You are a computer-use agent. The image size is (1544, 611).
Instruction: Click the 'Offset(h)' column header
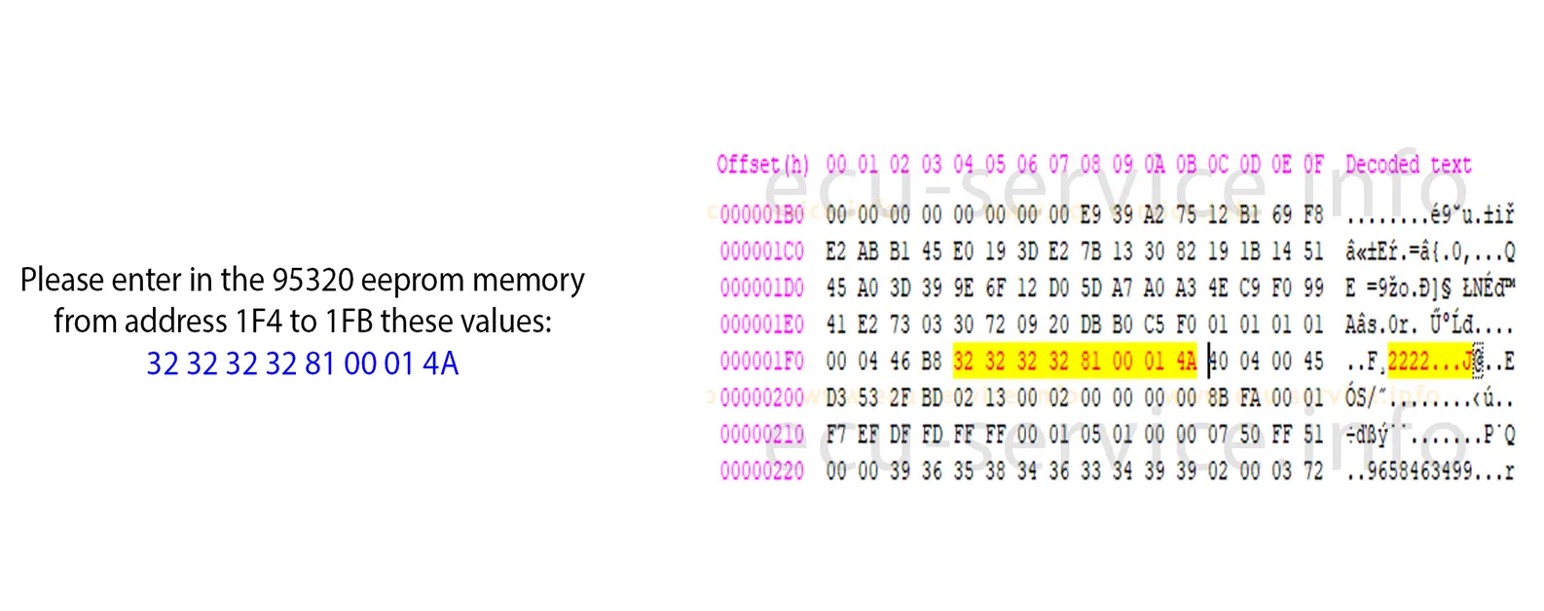click(x=762, y=165)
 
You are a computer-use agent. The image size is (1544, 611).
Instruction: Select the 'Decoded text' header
click(x=1408, y=165)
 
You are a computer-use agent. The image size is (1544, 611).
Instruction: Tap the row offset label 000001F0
click(x=762, y=362)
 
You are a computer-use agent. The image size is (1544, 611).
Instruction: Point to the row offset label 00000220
click(x=762, y=472)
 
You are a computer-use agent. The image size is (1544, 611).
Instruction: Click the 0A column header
click(x=1155, y=165)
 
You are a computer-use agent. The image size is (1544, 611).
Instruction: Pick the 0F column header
click(x=1313, y=165)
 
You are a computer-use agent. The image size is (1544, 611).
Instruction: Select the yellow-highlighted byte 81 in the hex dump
click(x=1090, y=362)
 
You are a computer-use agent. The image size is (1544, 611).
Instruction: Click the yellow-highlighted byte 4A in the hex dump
click(x=1186, y=362)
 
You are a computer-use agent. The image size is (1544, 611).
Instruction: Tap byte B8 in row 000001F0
click(x=932, y=362)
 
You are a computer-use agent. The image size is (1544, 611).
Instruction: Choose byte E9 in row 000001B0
click(x=1090, y=214)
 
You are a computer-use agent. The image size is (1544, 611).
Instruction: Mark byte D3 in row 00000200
click(x=836, y=398)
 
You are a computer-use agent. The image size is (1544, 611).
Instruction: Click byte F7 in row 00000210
click(x=836, y=435)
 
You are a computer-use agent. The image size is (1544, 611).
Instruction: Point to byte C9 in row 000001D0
click(x=1249, y=287)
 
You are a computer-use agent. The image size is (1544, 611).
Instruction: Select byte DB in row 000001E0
click(x=1090, y=325)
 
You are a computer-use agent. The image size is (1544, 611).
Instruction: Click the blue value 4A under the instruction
click(x=440, y=364)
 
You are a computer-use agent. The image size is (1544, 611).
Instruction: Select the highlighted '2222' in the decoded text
click(x=1408, y=362)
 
